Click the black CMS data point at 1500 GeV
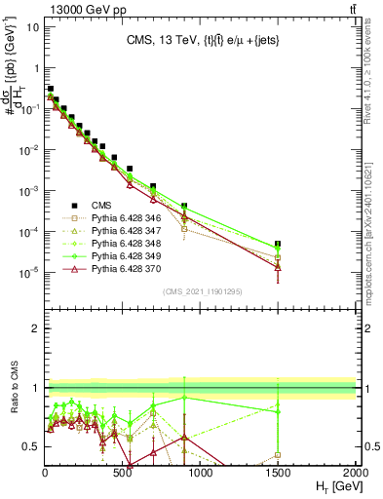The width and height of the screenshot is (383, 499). pos(278,244)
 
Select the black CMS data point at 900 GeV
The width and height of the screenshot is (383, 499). pos(185,206)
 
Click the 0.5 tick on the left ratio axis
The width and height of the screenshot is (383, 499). pos(35,446)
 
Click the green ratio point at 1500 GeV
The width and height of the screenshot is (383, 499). pos(278,410)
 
